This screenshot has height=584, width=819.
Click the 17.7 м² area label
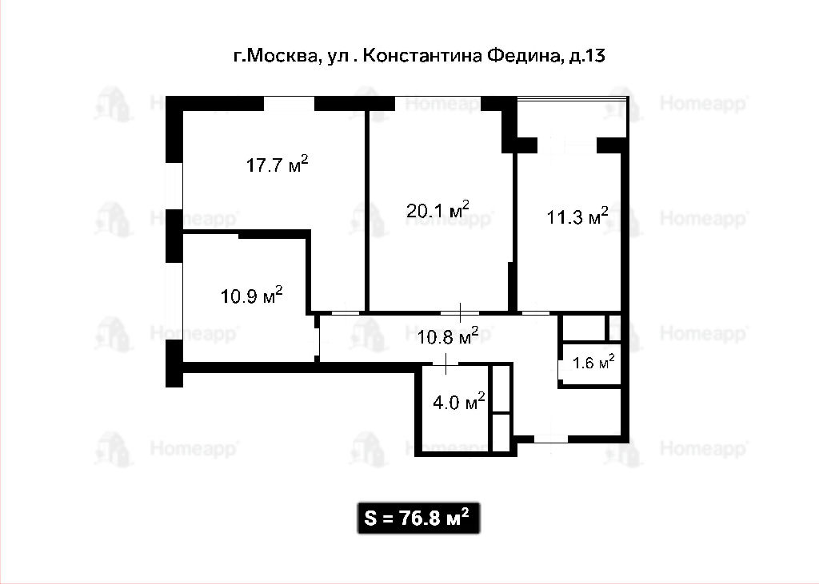tap(277, 165)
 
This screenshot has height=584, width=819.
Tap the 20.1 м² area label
tap(437, 209)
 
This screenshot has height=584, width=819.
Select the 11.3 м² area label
tap(577, 216)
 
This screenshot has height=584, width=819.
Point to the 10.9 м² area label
tap(252, 296)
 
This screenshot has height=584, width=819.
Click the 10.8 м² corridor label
tap(448, 336)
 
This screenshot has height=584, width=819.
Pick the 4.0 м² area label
tap(459, 403)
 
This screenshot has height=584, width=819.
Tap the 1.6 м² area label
tap(593, 362)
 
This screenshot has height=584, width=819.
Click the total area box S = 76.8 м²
tap(418, 518)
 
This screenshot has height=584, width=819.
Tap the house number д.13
tap(586, 55)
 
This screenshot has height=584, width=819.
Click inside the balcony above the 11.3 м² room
tap(571, 117)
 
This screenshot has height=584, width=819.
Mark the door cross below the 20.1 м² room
tap(460, 312)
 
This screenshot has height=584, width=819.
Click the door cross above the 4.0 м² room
tap(445, 364)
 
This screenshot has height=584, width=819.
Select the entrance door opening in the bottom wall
tap(550, 439)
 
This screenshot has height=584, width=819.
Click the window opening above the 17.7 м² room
tap(289, 103)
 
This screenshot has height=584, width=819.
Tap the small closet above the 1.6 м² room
tap(583, 328)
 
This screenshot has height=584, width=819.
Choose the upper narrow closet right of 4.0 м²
tap(501, 388)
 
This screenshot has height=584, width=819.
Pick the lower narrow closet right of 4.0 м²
tap(501, 433)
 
